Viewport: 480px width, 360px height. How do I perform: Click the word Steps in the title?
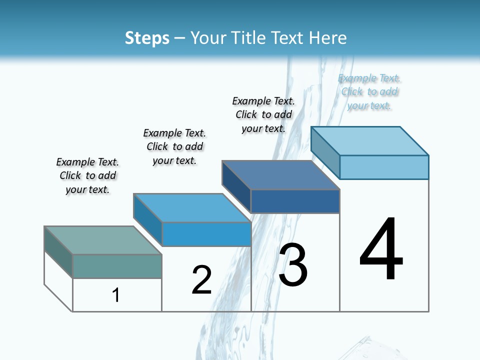(x=147, y=38)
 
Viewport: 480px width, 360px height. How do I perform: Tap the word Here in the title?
(x=328, y=38)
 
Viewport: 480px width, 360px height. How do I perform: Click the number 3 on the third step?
(x=292, y=265)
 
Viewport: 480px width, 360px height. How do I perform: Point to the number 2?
(x=201, y=280)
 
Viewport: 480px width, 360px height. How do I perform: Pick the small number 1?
(x=116, y=295)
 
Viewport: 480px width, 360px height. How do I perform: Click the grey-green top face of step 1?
(x=103, y=240)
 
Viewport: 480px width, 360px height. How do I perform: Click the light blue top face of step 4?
(x=370, y=141)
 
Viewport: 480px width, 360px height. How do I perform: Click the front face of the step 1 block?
(x=117, y=266)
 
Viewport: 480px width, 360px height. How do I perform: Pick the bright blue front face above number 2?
(x=206, y=234)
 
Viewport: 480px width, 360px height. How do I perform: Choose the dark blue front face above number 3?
(x=295, y=201)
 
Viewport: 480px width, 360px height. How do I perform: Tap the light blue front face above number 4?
(x=384, y=167)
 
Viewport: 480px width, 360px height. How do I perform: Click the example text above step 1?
(x=87, y=175)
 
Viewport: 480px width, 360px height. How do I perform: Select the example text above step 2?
(x=174, y=146)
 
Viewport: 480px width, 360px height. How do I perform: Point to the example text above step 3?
(x=263, y=114)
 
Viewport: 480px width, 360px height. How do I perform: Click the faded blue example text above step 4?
(x=369, y=91)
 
